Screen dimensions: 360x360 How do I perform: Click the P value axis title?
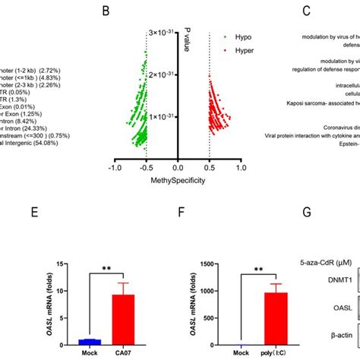click(187, 38)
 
